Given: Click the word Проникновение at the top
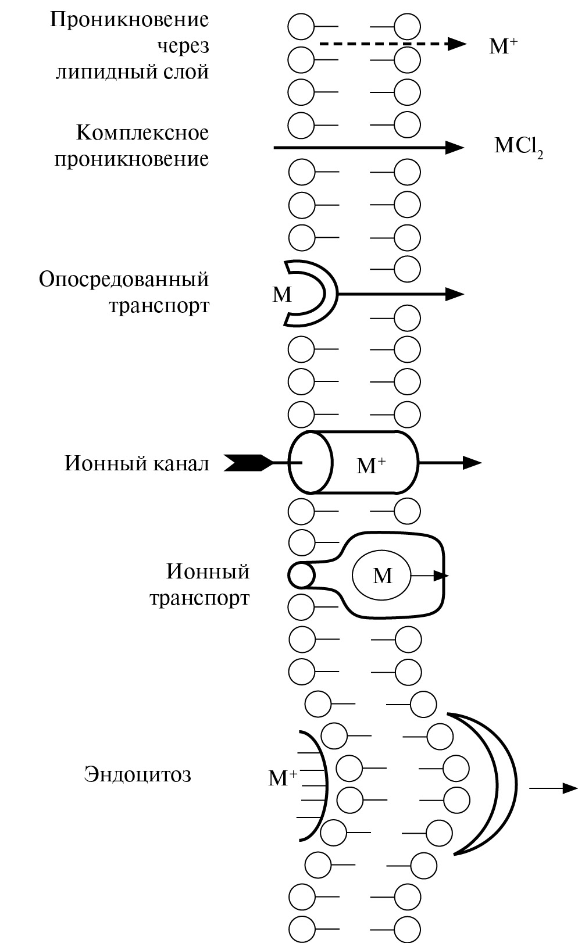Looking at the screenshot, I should tap(129, 20).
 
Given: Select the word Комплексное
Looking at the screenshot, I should tap(142, 133).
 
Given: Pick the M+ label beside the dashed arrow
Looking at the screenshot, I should tap(503, 45).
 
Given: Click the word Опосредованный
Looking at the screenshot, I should tap(123, 279).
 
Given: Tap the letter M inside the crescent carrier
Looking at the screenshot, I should tap(282, 295).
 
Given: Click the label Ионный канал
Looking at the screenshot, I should tap(137, 463).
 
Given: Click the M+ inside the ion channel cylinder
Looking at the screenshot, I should tap(371, 465).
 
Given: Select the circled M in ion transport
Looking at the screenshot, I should tap(382, 576).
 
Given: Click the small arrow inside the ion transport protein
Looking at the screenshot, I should tap(430, 576).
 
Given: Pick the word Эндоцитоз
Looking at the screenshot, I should tap(137, 774).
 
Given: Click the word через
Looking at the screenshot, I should tap(183, 46).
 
